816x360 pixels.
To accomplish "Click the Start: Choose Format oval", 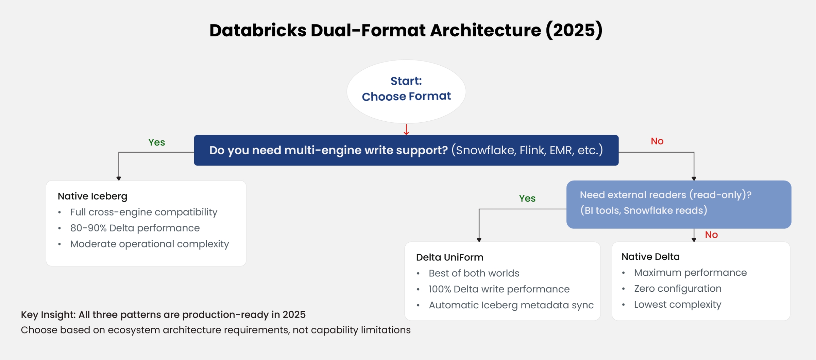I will (406, 91).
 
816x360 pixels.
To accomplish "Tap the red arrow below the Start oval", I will (406, 130).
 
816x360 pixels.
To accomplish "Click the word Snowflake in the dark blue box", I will (485, 150).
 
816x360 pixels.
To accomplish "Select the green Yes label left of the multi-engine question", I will (156, 142).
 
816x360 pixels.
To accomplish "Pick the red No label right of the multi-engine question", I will (657, 141).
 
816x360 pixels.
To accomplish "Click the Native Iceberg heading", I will (92, 196).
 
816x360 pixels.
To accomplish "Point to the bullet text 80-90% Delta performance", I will (135, 228).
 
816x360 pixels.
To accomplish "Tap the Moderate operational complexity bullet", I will (149, 244).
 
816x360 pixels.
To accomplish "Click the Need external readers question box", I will (678, 204).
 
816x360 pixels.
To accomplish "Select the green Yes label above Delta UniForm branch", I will (527, 198).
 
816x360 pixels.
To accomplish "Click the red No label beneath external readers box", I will (711, 235).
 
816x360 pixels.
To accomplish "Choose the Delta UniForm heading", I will (449, 257).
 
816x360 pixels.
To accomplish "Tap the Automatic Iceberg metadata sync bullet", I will (511, 305).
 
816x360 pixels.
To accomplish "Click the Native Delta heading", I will (650, 257).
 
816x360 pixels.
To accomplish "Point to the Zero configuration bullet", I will (677, 288).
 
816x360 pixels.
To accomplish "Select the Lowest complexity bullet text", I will (677, 304).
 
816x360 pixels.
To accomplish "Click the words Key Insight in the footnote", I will (48, 314).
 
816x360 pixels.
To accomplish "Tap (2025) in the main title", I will (574, 30).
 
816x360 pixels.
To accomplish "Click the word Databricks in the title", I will (258, 30).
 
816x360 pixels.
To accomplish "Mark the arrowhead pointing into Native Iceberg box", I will (119, 178).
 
